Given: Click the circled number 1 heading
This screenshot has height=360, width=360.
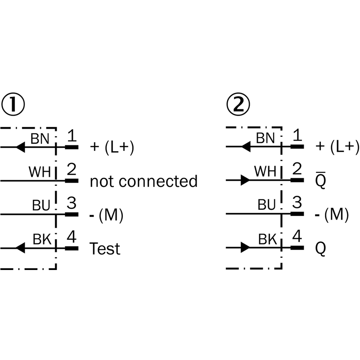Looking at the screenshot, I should pos(13,105).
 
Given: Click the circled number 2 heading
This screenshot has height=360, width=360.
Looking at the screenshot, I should pos(237,105).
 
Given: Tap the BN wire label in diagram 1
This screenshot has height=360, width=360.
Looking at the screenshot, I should pos(40,138).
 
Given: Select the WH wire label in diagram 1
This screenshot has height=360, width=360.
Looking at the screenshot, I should pos(40,172).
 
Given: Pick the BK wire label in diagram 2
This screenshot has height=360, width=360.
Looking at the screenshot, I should pos(266,239).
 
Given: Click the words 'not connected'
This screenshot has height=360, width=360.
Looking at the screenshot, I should pos(144,181).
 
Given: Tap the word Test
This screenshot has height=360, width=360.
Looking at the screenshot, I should pos(105,248).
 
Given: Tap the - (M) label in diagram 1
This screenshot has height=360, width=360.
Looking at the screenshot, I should pos(107,215).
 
